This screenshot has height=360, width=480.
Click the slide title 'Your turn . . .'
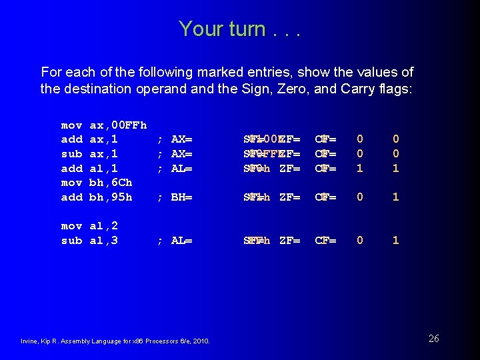(x=240, y=29)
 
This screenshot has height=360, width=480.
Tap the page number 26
(x=433, y=339)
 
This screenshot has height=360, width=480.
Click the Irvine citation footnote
(x=116, y=341)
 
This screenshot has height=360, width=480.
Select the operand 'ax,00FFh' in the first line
(x=118, y=125)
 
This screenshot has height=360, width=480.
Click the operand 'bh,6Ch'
(x=111, y=183)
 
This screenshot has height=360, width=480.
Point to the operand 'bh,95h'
(x=111, y=197)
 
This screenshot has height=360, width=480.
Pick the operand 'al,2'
(x=103, y=226)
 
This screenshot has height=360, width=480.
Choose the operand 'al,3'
(x=103, y=241)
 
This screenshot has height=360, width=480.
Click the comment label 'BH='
(x=181, y=197)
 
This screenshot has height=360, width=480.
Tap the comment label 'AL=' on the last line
(x=181, y=241)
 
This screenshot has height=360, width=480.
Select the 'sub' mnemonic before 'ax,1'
(x=72, y=154)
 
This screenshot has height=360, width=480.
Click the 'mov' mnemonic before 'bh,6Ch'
(x=72, y=183)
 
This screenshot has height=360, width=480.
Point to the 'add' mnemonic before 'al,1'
(x=72, y=169)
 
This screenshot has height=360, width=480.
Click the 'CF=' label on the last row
(x=325, y=241)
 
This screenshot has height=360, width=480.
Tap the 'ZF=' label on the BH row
(x=290, y=197)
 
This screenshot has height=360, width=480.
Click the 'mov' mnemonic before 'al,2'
(x=72, y=226)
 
